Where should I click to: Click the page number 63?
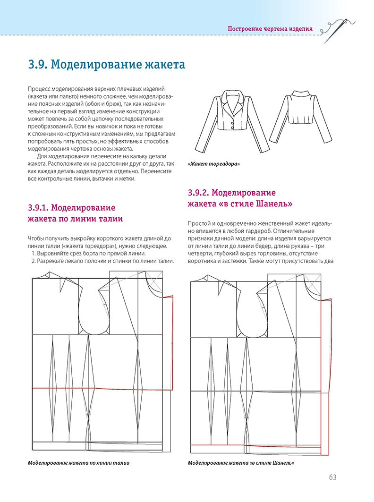point(332,477)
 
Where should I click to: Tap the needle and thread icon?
point(335,29)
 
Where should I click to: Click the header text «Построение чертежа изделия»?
point(270,28)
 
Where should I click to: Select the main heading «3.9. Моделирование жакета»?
point(107,65)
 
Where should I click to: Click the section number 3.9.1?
point(38,208)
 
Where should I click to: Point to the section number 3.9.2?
point(198,193)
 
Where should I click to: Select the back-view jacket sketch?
point(301,116)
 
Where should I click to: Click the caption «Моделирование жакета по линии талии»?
point(79,463)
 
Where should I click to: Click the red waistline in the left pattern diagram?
point(94,389)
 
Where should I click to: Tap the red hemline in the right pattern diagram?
point(255,444)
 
